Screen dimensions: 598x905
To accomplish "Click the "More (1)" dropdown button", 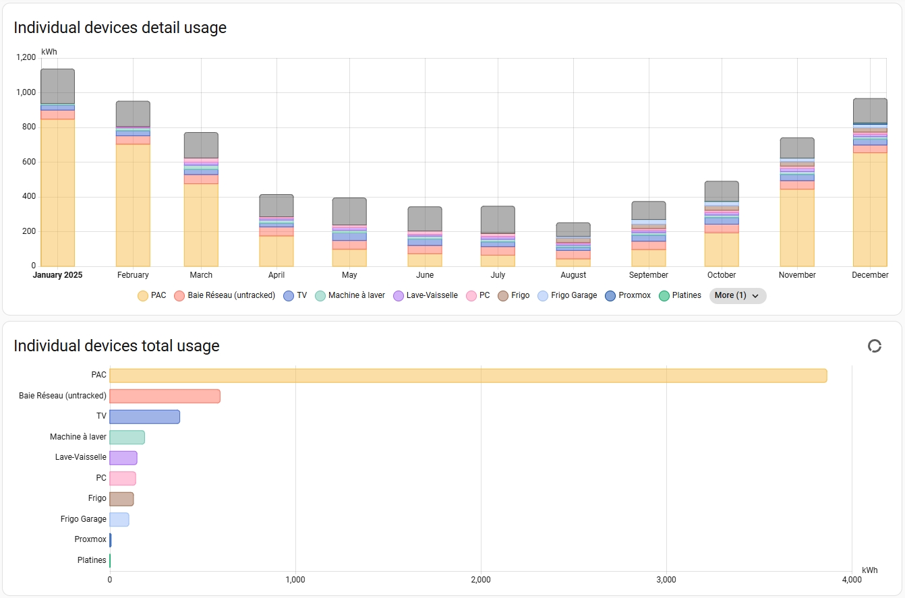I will coord(737,295).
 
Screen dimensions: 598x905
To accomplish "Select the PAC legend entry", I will coord(152,295).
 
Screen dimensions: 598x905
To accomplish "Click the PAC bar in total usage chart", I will coord(468,376).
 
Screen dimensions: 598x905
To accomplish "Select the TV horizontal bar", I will coord(144,417).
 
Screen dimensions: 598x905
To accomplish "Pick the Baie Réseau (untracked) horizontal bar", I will coord(165,396).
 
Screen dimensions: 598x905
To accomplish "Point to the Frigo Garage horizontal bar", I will coord(119,519).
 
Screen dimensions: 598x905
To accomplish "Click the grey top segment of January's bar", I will coord(57,86).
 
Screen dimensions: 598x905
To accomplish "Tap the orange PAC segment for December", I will coord(870,209).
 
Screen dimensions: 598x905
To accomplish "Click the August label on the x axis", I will coord(573,275).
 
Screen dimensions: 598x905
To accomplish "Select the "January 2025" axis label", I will coord(57,275).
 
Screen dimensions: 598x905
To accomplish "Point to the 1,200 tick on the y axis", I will coord(25,57).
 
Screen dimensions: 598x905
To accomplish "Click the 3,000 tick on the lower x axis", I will coord(666,579).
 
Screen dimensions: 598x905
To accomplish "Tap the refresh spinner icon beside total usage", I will coord(874,346).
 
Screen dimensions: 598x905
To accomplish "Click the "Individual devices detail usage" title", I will coord(120,28).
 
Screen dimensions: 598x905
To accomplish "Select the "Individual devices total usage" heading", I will coord(117,346).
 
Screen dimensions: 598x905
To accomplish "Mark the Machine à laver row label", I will coord(78,437).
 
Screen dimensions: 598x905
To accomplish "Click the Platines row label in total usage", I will coord(92,560).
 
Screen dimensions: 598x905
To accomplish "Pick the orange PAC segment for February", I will coord(133,205).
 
